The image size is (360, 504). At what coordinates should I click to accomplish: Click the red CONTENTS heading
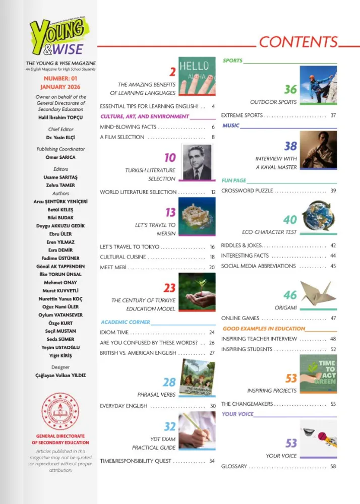[298, 42]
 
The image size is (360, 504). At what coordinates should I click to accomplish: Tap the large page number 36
[290, 89]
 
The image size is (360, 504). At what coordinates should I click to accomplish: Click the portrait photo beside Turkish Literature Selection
[196, 162]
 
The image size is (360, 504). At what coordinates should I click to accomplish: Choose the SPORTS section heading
[232, 60]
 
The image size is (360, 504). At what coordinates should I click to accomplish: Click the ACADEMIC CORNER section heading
[125, 322]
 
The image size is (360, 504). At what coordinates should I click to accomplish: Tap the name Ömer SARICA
[61, 157]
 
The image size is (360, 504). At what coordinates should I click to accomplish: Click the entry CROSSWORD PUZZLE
[247, 191]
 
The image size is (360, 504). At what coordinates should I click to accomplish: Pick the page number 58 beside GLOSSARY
[333, 467]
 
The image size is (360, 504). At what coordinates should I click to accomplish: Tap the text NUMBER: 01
[61, 79]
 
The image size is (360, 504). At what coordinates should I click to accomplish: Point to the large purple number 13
[170, 212]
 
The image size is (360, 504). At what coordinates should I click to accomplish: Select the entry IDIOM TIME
[114, 333]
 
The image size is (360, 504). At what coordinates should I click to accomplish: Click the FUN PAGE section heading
[234, 180]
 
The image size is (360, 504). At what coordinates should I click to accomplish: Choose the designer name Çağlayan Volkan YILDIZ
[61, 375]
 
